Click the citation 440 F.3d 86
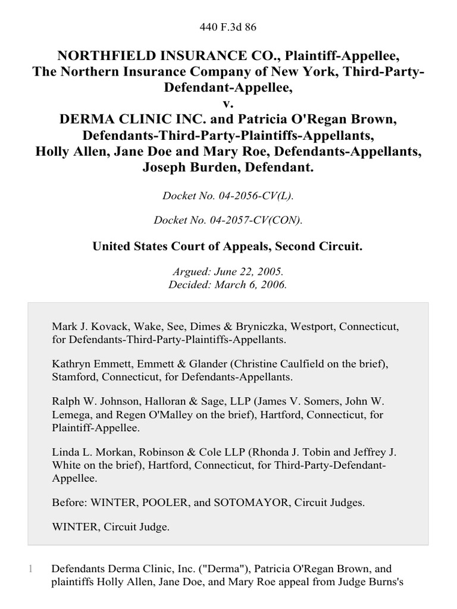click(228, 26)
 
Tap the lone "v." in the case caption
click(228, 103)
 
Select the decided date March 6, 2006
click(253, 284)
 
